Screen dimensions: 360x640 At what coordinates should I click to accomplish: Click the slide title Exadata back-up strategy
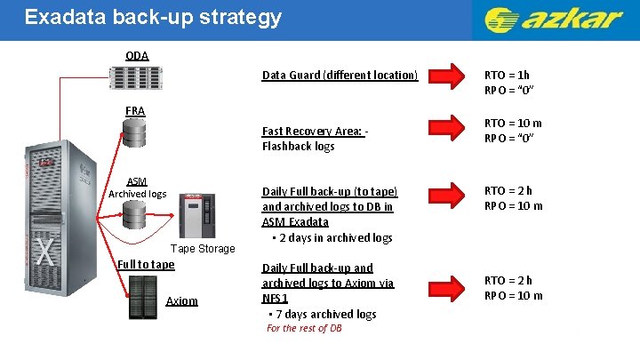(x=153, y=17)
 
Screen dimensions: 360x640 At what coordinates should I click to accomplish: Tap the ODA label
(x=137, y=55)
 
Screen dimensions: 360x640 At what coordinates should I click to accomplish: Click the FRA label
(x=135, y=111)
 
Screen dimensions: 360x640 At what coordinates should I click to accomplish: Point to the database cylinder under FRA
(x=135, y=134)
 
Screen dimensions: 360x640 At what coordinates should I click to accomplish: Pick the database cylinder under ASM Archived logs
(x=135, y=214)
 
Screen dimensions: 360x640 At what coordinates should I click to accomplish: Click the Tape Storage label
(x=203, y=248)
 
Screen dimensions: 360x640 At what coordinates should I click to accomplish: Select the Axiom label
(x=182, y=301)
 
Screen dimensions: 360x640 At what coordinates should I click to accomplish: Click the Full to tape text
(x=146, y=264)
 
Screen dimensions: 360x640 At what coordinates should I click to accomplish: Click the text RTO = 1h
(x=506, y=76)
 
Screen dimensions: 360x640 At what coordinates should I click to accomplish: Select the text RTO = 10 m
(x=513, y=123)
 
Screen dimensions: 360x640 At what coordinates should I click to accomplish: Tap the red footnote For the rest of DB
(x=304, y=328)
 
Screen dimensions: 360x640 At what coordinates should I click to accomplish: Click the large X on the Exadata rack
(x=44, y=252)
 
